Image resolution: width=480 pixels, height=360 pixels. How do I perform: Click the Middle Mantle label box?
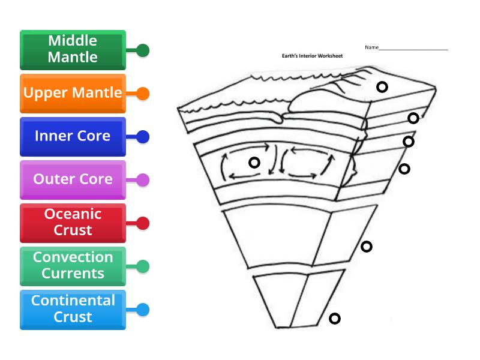pyautogui.click(x=73, y=50)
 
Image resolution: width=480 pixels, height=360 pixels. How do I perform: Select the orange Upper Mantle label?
pyautogui.click(x=73, y=93)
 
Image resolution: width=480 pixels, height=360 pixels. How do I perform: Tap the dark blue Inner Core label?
pyautogui.click(x=73, y=136)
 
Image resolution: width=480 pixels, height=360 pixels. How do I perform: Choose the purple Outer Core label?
pyautogui.click(x=73, y=179)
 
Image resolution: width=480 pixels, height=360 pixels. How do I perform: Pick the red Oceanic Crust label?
pyautogui.click(x=73, y=223)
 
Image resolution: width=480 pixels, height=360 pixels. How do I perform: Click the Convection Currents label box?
pyautogui.click(x=73, y=266)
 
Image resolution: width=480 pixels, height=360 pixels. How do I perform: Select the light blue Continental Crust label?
pyautogui.click(x=73, y=309)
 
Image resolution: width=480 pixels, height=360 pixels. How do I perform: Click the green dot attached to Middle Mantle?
pyautogui.click(x=143, y=50)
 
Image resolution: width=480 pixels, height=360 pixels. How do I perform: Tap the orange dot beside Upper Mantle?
pyautogui.click(x=143, y=94)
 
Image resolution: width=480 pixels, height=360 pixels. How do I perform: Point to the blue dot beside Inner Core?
pyautogui.click(x=143, y=137)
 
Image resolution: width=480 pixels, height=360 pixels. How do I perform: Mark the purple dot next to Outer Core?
pyautogui.click(x=143, y=180)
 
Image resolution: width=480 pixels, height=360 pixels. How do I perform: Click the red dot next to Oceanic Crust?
pyautogui.click(x=143, y=223)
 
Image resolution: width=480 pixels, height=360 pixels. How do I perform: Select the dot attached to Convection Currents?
pyautogui.click(x=143, y=266)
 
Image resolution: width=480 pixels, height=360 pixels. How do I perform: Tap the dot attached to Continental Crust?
pyautogui.click(x=143, y=310)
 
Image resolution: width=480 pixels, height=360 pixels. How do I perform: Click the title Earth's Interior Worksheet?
pyautogui.click(x=312, y=56)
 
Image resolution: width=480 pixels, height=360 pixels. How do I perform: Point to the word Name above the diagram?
pyautogui.click(x=371, y=47)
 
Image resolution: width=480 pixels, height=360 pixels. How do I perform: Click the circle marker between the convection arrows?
pyautogui.click(x=254, y=163)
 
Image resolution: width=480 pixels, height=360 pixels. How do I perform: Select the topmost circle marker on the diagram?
pyautogui.click(x=382, y=87)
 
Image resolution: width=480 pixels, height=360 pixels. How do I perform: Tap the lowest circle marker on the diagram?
pyautogui.click(x=335, y=319)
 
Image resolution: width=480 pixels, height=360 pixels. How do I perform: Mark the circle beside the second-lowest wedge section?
pyautogui.click(x=367, y=247)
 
